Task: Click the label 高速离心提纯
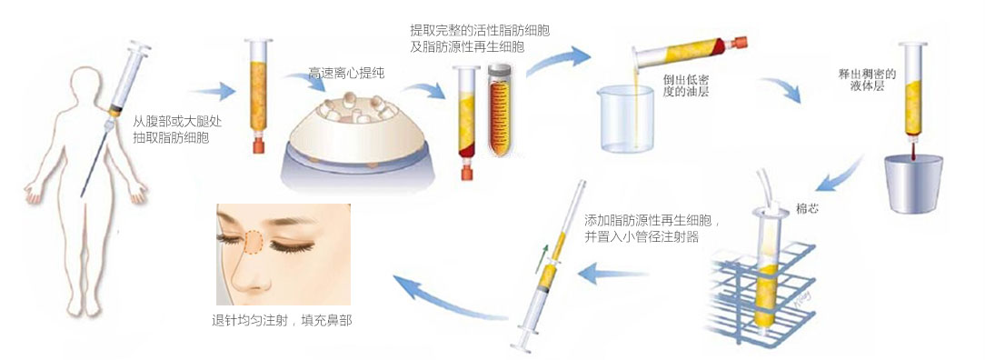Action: click(x=347, y=74)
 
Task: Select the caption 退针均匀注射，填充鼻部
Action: click(x=282, y=320)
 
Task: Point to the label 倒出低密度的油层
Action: click(x=687, y=85)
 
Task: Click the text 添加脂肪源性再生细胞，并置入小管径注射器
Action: click(x=652, y=229)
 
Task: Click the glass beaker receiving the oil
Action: click(x=626, y=119)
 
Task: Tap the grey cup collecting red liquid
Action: click(x=912, y=184)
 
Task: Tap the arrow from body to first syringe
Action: click(x=213, y=92)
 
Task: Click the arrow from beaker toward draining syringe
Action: click(x=781, y=89)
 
